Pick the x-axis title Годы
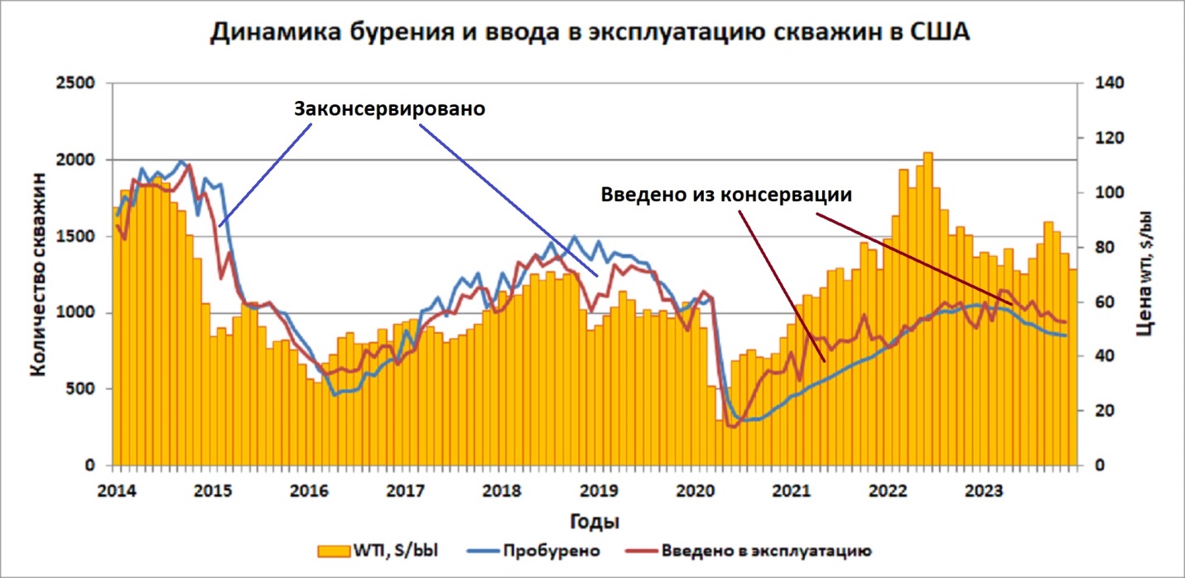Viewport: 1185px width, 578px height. tap(595, 523)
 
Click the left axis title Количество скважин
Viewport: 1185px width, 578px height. tap(38, 273)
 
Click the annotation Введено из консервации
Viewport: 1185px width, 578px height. tap(726, 195)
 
